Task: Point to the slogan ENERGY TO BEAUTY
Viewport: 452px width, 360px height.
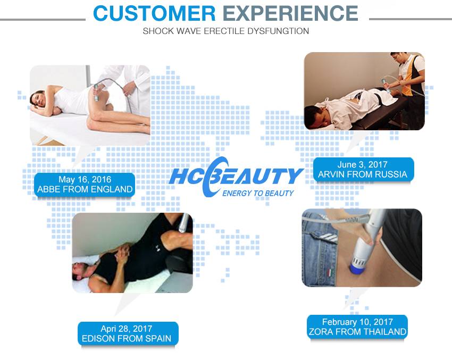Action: click(257, 193)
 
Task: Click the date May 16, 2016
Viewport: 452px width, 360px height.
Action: click(85, 179)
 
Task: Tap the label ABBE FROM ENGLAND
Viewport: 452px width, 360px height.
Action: click(85, 189)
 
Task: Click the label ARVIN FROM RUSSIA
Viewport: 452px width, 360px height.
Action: click(362, 174)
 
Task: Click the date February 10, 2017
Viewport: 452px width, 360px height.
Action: click(357, 322)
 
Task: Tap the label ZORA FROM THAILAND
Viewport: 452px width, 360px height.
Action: click(357, 332)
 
